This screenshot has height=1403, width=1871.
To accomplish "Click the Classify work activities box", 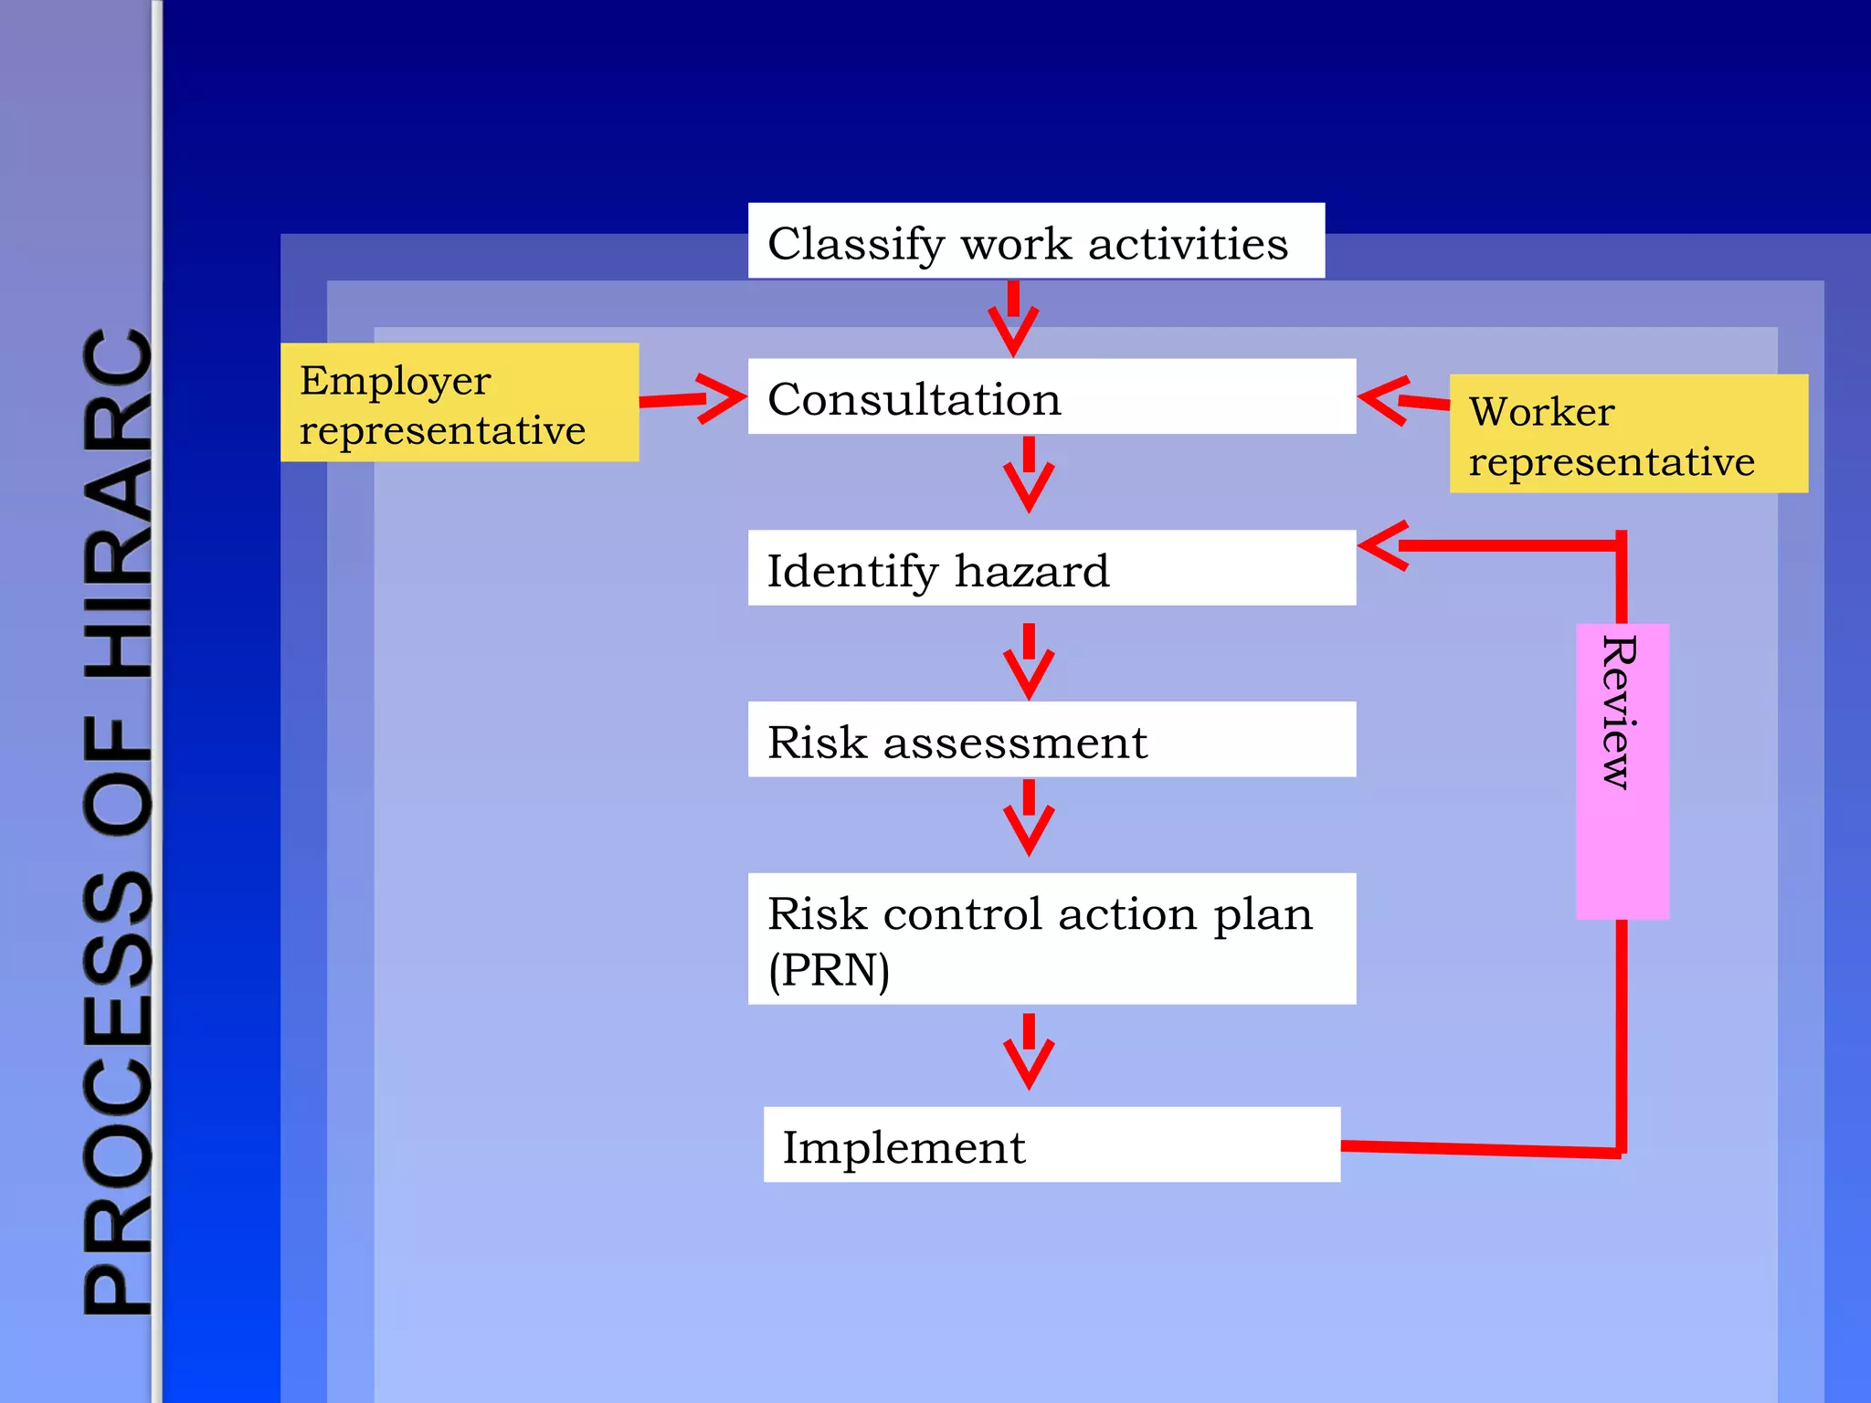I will (1036, 241).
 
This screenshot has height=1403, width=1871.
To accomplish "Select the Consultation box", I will (1052, 396).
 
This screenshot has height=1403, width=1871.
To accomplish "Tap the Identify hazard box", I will (1052, 568).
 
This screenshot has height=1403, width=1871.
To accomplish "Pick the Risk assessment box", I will (1052, 740).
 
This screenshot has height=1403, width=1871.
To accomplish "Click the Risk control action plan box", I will (1052, 939).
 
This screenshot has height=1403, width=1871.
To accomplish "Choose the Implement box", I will (1052, 1145).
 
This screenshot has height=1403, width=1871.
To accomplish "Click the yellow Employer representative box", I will (460, 403).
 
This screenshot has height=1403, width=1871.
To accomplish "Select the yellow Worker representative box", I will (1628, 434).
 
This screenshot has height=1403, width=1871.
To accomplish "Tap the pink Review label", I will (1622, 771).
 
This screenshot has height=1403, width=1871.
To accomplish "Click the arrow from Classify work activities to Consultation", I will (1013, 319).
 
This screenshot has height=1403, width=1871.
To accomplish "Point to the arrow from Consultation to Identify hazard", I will (1029, 474).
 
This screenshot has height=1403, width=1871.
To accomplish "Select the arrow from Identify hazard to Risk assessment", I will (1029, 661).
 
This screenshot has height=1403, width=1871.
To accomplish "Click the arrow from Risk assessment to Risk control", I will (1029, 818).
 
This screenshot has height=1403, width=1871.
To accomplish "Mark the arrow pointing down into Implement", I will (1029, 1051).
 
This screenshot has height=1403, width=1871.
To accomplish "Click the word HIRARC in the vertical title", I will (119, 502).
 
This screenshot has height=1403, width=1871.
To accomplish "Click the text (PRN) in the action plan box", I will (829, 970).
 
